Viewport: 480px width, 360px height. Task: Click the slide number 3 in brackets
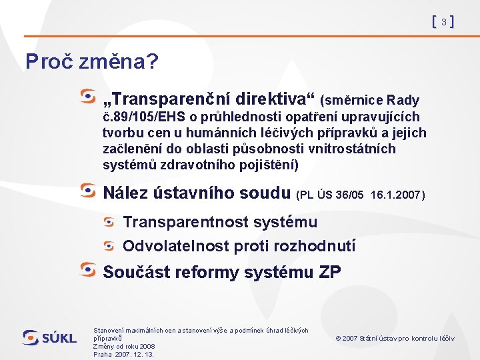[443, 22]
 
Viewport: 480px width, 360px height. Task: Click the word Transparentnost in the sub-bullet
[176, 222]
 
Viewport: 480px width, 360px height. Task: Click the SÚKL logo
[50, 338]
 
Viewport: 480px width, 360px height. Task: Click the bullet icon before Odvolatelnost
[110, 245]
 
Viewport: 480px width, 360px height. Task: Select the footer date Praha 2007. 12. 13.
[123, 355]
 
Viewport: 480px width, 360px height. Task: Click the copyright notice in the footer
[395, 339]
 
